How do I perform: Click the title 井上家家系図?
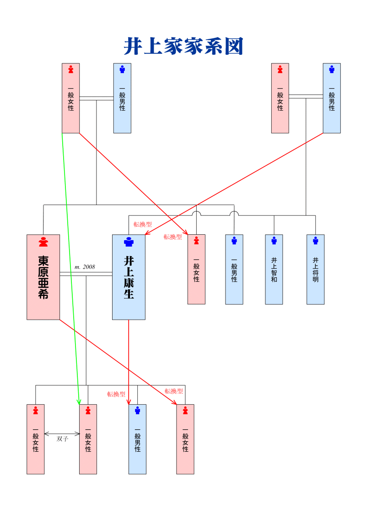[x=183, y=47]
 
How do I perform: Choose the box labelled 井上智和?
[x=274, y=269]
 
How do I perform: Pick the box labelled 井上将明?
[x=315, y=269]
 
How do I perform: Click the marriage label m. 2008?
[x=85, y=267]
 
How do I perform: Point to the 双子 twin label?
[x=62, y=439]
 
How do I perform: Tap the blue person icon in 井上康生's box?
[x=129, y=242]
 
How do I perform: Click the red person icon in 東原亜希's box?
[x=43, y=242]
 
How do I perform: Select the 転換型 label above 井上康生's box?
[x=143, y=225]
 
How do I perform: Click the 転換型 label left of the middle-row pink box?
[x=173, y=237]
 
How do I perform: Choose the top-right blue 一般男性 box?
[x=332, y=98]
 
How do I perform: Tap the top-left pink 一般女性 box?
[x=71, y=98]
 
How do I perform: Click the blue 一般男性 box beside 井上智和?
[x=234, y=269]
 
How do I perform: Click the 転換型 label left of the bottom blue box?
[x=116, y=394]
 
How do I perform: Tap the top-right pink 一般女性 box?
[x=280, y=98]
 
